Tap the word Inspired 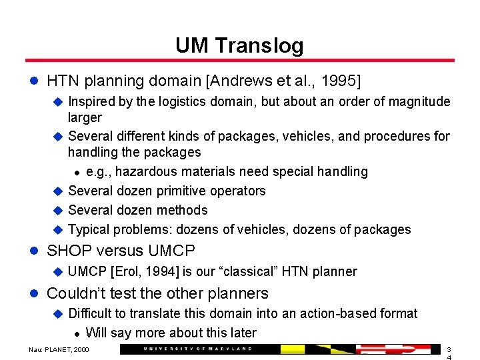95,102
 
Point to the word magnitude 421,102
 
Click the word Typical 89,230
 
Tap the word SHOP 66,251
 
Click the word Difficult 95,314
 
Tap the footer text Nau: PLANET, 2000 59,350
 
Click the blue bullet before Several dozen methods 57,211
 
